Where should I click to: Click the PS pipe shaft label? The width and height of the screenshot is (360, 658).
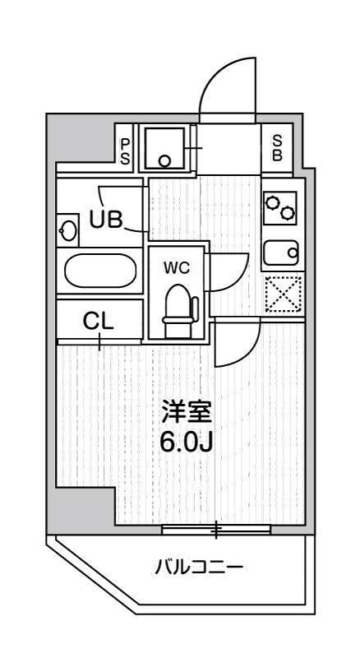click(x=126, y=151)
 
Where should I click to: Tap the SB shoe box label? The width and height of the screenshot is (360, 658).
click(x=277, y=147)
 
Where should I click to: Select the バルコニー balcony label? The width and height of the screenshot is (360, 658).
click(x=198, y=567)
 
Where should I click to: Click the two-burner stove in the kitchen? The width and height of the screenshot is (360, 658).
click(x=280, y=207)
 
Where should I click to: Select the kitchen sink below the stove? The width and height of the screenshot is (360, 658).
click(x=280, y=252)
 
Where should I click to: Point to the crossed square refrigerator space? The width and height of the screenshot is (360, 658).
click(x=283, y=294)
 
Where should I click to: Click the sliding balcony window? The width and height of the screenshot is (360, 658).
click(x=216, y=531)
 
